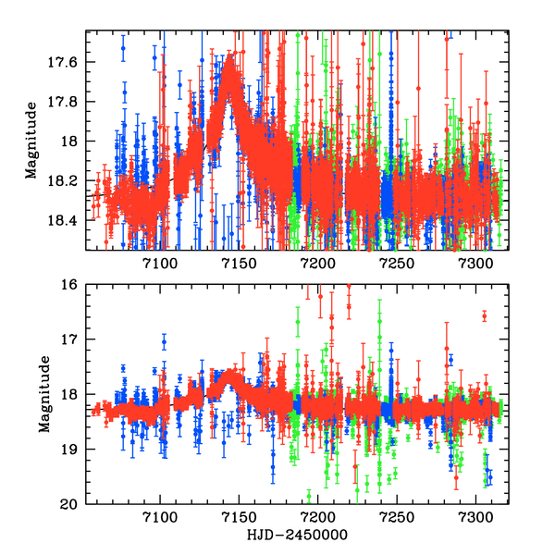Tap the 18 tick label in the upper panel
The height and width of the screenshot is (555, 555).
72,142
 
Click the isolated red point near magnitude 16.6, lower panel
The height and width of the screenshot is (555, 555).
484,316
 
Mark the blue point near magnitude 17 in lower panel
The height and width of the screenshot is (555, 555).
164,342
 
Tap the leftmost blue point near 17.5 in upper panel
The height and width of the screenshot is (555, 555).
122,47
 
